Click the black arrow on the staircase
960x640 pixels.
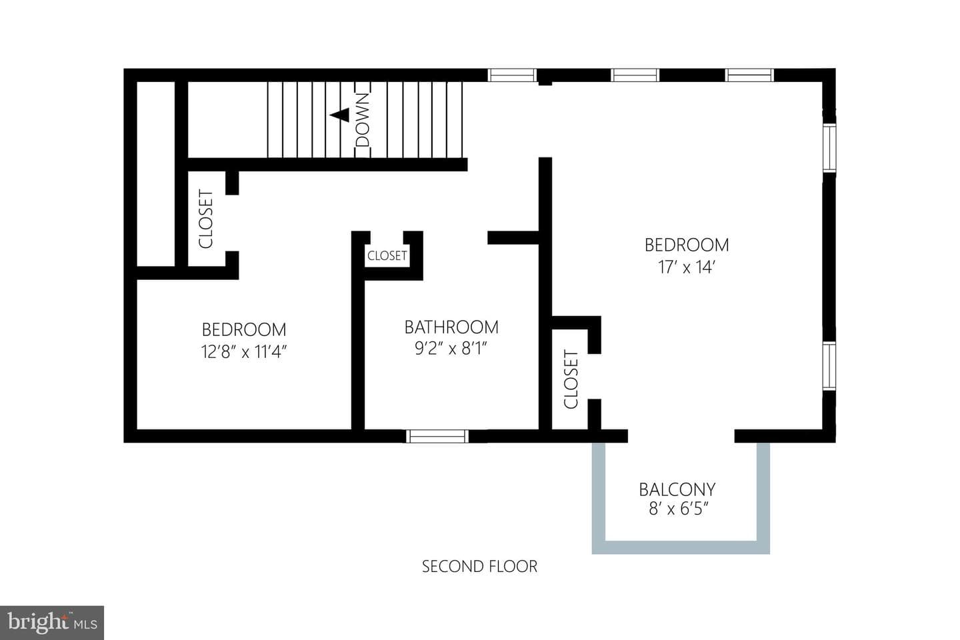[x=339, y=115]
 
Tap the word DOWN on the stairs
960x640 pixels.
[x=363, y=120]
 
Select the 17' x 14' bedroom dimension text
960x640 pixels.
[x=687, y=267]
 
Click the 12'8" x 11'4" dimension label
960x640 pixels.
[x=244, y=352]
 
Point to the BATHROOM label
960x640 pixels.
[x=452, y=327]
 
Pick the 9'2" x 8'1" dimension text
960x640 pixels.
[x=451, y=349]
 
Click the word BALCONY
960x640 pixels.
[x=677, y=489]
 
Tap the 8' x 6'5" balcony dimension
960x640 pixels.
[x=679, y=509]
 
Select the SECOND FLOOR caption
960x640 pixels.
[x=479, y=567]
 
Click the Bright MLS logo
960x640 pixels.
[x=52, y=623]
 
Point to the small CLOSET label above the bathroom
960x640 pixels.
[x=387, y=256]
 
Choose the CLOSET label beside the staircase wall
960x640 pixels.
[x=206, y=219]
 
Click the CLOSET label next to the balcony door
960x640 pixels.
[x=571, y=379]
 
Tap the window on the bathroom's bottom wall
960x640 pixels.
[x=437, y=436]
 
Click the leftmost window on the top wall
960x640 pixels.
[x=512, y=75]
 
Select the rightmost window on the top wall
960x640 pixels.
[x=749, y=75]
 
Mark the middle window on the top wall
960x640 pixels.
[x=635, y=75]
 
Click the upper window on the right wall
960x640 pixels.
[x=829, y=147]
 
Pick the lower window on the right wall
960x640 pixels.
[x=829, y=365]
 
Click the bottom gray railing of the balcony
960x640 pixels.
[x=681, y=547]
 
